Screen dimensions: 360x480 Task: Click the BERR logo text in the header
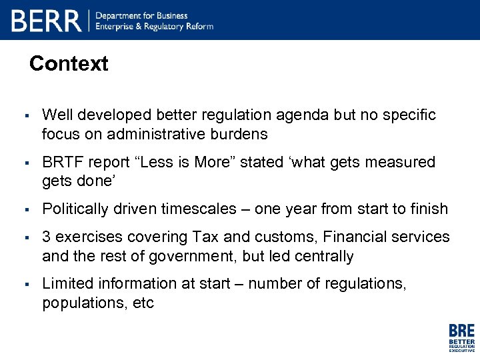coord(46,21)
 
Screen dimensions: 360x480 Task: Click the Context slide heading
coord(69,64)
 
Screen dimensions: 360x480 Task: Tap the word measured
coord(400,162)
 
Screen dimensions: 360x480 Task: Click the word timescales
coord(198,209)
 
